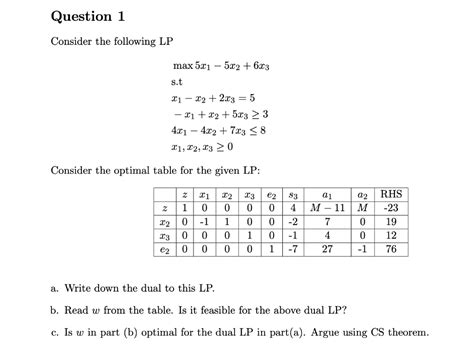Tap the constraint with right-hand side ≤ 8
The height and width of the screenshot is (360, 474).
click(x=219, y=131)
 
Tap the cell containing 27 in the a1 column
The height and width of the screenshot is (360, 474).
click(x=328, y=255)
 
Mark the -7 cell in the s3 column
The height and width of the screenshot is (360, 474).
click(x=294, y=255)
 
